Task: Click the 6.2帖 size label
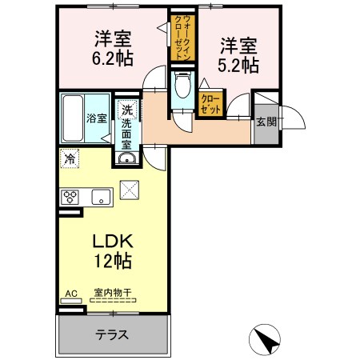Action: point(113,58)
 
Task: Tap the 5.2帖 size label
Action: point(238,66)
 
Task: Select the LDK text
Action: point(113,241)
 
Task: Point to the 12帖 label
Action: point(113,261)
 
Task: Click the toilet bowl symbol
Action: point(183,85)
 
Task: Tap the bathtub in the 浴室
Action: point(73,118)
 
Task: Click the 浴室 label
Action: point(97,118)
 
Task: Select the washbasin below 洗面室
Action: point(127,158)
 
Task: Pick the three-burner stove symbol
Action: point(70,198)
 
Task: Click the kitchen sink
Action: point(101,198)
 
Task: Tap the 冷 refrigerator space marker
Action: point(70,158)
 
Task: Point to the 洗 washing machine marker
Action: point(127,110)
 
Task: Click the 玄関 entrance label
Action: point(266,122)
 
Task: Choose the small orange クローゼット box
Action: point(210,104)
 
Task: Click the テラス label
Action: point(112,334)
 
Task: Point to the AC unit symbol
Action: point(71,301)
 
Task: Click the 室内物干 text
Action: point(113,293)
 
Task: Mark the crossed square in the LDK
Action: point(130,190)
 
